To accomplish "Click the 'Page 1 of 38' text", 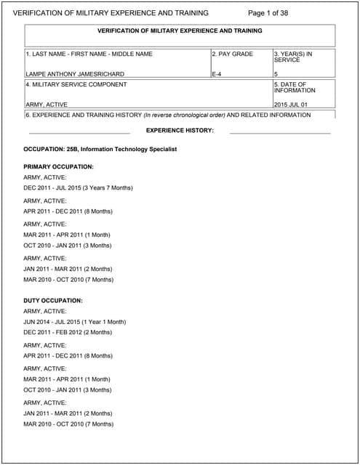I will point(268,13).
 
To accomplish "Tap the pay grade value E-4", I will point(217,74).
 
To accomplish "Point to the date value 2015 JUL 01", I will point(291,105).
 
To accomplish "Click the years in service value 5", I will point(276,74).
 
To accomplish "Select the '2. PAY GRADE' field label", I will point(233,54).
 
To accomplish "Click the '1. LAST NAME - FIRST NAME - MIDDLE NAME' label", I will point(89,54).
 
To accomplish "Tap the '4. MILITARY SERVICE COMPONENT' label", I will point(76,84).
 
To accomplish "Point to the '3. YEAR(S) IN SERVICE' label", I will point(294,57).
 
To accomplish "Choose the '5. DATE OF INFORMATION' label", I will point(295,87).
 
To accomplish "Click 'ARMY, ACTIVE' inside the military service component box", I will point(47,105).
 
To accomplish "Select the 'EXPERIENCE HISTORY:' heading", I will point(180,130).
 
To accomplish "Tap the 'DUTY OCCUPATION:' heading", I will point(53,300).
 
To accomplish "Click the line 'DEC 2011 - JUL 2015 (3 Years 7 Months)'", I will point(78,187).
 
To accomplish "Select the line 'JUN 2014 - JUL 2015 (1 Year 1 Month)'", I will point(74,321).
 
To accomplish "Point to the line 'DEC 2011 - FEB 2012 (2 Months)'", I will point(68,332).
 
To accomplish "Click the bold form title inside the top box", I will point(180,31).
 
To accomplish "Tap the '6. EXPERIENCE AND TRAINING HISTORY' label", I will point(83,115).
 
